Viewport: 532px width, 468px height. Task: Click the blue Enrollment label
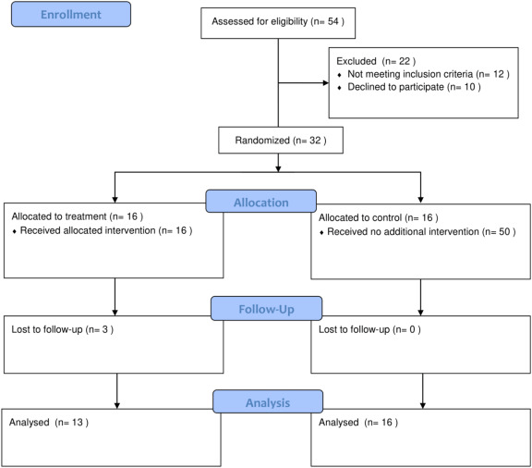[x=71, y=14]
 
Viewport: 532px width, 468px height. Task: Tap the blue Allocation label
[x=260, y=202]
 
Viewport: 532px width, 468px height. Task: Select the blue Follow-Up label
[x=266, y=309]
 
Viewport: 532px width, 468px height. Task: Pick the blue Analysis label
[x=268, y=401]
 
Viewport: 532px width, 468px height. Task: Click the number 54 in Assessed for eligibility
[x=333, y=21]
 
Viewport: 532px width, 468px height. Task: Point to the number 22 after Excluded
[x=405, y=61]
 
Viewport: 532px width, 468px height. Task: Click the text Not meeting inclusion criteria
[x=410, y=74]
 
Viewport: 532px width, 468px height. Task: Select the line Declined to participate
[x=414, y=87]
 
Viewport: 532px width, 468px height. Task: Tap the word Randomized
[x=262, y=141]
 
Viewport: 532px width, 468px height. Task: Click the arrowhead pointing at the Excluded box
[x=326, y=82]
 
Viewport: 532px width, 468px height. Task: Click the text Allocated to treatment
[x=59, y=216]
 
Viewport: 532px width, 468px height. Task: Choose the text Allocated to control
[x=360, y=217]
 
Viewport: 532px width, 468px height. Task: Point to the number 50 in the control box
[x=504, y=232]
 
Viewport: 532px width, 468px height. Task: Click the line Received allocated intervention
[x=106, y=230]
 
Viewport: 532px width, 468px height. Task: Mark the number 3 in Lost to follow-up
[x=105, y=329]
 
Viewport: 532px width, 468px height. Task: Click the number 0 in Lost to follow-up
[x=412, y=329]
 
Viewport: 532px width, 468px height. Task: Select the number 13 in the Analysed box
[x=77, y=422]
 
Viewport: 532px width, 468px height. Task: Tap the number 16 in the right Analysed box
[x=387, y=422]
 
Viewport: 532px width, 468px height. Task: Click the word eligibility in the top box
[x=288, y=22]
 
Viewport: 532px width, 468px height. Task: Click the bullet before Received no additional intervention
[x=321, y=233]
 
